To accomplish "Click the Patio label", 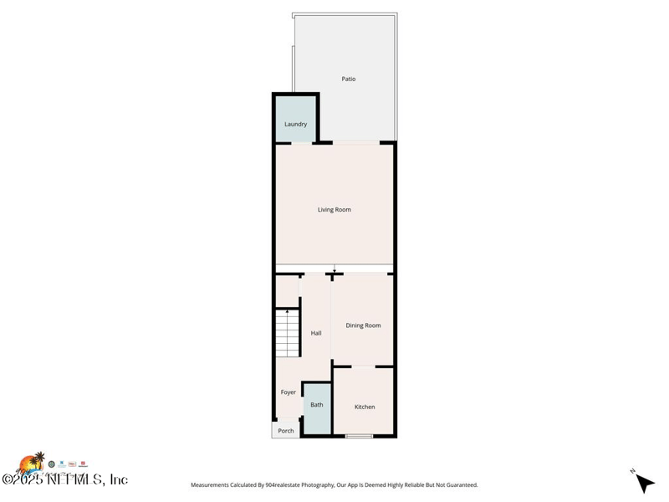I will (349, 79).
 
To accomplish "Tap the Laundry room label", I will (295, 124).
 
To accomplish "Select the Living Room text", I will (334, 209).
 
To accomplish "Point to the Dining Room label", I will (364, 325).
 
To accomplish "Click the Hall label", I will (316, 333).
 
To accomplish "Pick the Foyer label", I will (289, 392).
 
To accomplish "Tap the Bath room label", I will (317, 405).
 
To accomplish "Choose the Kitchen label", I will (365, 407).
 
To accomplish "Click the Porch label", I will (286, 431).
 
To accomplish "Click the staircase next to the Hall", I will (288, 333).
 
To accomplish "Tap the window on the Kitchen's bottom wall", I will (360, 436).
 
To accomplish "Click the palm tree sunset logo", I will (32, 464).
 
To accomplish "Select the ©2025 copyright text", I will (25, 479).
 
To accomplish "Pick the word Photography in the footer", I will (314, 484).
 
